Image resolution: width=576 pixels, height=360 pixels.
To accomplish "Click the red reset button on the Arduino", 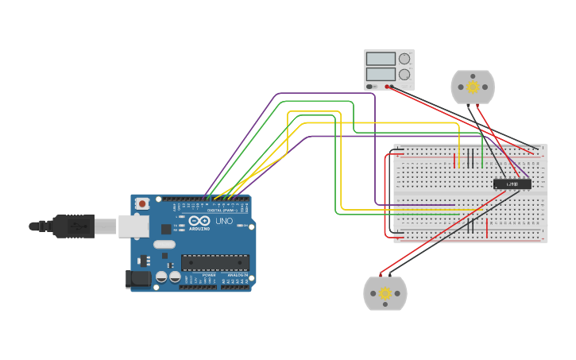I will point(142,203).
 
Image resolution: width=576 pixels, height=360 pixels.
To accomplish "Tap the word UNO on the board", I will point(224,221).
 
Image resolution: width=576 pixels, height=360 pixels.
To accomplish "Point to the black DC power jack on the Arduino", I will point(137,278).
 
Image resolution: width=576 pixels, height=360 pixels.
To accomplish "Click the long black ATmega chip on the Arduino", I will point(215,262).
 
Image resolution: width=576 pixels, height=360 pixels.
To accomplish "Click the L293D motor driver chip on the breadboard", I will point(512,184).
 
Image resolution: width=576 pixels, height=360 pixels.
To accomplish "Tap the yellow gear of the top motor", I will point(473,87).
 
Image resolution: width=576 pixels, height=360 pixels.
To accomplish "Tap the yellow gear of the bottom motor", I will point(385,293).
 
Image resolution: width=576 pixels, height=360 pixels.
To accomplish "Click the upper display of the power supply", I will point(381,59).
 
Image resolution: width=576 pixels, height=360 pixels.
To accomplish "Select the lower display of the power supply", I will point(381,75).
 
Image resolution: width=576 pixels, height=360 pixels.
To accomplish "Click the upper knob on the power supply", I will point(404,59).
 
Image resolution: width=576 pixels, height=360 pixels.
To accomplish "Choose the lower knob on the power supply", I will point(404,75).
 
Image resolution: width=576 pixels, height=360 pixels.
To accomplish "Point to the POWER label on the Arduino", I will point(208,276).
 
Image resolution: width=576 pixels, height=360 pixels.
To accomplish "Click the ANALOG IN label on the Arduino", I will point(237,276).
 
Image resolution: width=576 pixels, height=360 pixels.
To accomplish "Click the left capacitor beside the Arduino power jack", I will point(162,277).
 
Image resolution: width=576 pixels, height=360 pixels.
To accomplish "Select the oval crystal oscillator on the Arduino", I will point(164,245).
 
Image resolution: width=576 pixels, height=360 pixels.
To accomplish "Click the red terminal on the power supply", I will point(388,86).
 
